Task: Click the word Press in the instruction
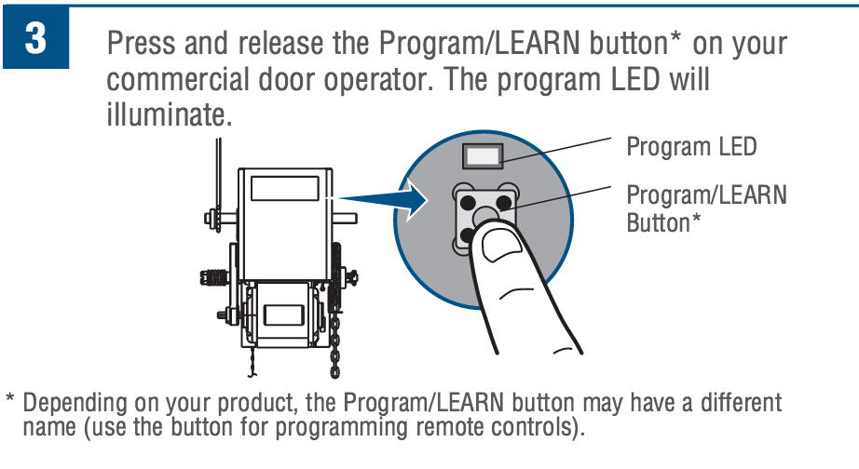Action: pos(140,44)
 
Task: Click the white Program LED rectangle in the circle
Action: pos(484,154)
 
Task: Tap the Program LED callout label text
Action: pos(691,147)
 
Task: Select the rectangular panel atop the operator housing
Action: pos(283,187)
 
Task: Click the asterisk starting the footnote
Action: pos(10,402)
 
